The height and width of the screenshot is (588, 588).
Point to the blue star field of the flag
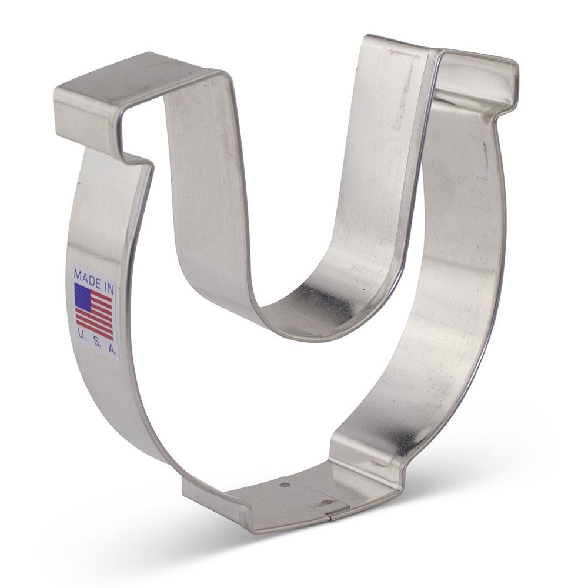pos(83,296)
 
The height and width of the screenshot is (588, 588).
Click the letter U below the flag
pos(81,336)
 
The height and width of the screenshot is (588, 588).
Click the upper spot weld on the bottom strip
pos(285,485)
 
